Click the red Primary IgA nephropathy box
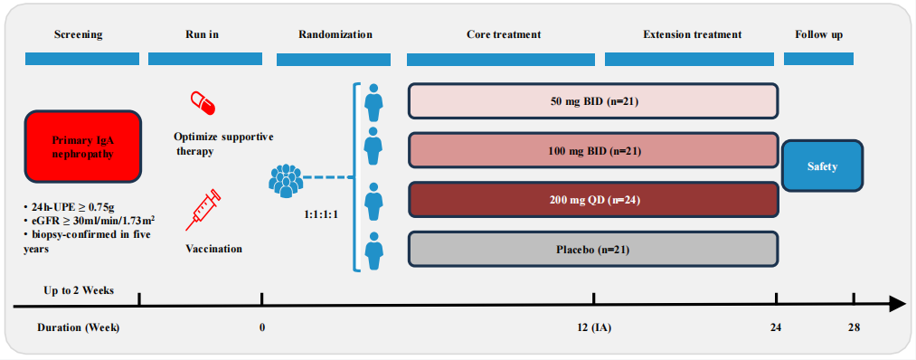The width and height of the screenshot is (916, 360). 83,146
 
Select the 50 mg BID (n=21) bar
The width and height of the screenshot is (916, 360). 593,101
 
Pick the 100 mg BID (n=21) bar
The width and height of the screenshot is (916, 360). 593,151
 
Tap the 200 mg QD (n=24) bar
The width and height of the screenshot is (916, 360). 593,200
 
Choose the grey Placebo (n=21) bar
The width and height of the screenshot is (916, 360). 593,250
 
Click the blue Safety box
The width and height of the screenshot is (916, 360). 822,166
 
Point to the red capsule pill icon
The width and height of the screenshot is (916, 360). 203,103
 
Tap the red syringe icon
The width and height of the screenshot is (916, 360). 203,209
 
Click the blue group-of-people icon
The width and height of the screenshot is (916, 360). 287,182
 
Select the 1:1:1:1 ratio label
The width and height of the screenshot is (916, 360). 321,213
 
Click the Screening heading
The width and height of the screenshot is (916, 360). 79,34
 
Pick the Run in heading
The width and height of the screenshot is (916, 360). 198,34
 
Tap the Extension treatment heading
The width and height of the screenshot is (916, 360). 693,34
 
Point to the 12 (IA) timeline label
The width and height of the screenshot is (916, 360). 593,327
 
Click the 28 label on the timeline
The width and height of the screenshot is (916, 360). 854,327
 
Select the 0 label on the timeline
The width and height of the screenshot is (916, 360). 261,327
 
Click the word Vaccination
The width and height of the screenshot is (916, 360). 213,249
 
